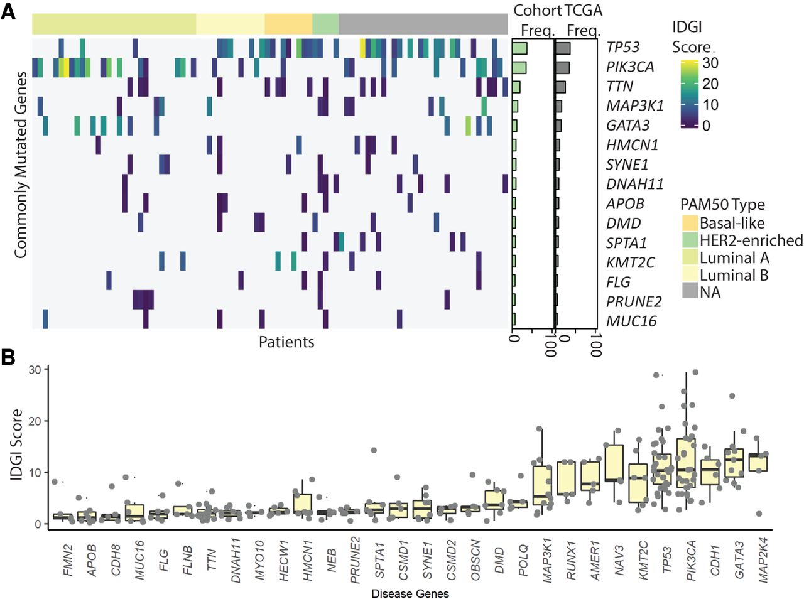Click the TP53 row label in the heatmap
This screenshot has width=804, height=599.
622,47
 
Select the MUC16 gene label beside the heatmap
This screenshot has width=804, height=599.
631,321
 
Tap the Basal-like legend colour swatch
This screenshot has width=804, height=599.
689,223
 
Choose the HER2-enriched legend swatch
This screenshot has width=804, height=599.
689,240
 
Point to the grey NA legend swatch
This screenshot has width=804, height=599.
689,292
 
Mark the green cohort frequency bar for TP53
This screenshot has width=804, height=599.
519,48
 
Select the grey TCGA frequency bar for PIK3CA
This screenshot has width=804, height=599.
562,68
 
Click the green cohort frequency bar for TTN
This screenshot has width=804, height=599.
516,87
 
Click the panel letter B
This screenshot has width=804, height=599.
8,357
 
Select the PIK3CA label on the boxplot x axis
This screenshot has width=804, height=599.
691,561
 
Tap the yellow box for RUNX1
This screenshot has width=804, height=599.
567,478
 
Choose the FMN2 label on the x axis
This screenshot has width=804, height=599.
68,560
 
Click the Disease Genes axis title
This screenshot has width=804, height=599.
410,593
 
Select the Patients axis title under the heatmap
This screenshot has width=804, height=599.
286,342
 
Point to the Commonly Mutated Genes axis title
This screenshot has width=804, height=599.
21,165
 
